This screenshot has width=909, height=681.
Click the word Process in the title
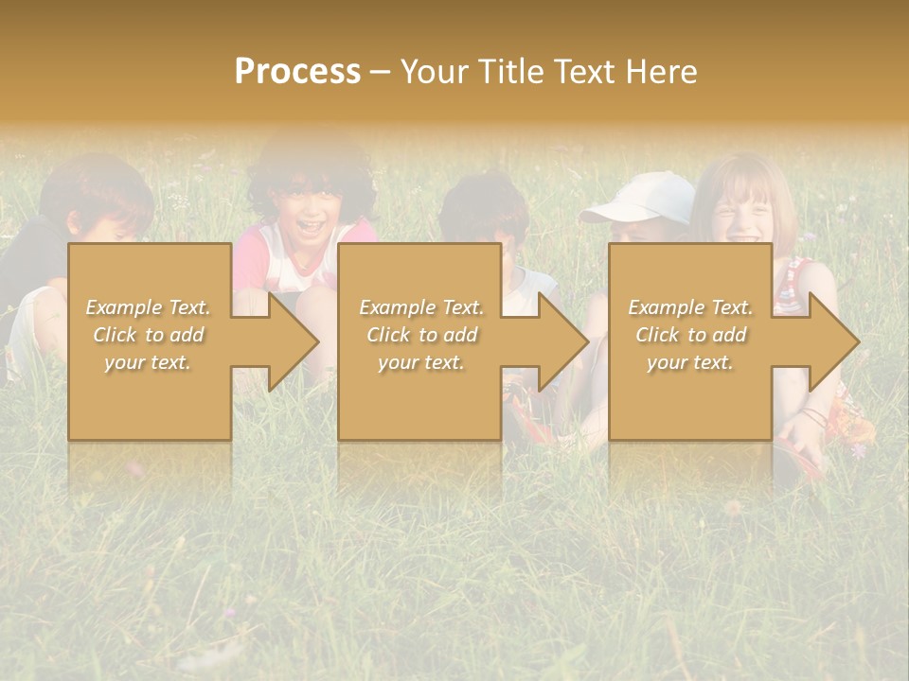click(297, 72)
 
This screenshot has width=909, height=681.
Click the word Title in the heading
click(507, 72)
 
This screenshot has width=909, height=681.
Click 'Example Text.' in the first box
click(148, 307)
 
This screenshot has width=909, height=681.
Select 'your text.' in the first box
click(148, 362)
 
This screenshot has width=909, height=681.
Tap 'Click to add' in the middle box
click(421, 335)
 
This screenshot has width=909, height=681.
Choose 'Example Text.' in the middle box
click(421, 307)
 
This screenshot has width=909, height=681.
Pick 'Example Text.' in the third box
click(690, 307)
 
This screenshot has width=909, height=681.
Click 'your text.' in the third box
click(690, 362)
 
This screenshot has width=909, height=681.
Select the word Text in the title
click(584, 72)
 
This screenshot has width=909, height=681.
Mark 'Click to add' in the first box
click(148, 335)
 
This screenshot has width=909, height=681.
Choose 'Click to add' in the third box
click(690, 335)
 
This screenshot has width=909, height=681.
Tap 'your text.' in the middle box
click(421, 362)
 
